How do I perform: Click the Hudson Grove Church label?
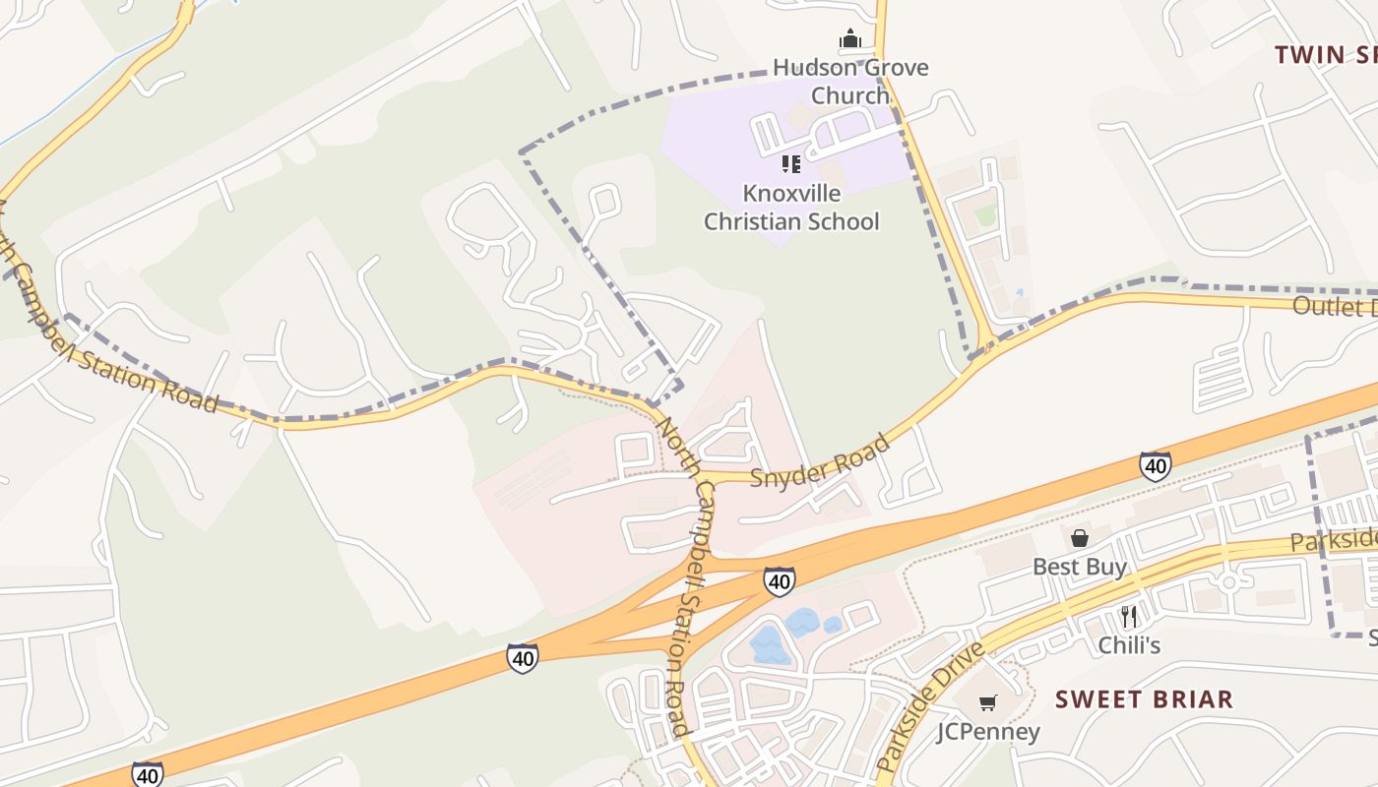click(x=849, y=82)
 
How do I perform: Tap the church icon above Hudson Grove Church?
click(x=850, y=39)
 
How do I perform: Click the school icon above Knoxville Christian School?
click(x=791, y=163)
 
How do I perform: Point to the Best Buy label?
click(x=1080, y=567)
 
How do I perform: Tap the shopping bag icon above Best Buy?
click(x=1080, y=538)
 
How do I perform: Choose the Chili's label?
click(x=1129, y=645)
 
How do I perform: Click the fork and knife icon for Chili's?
click(x=1129, y=617)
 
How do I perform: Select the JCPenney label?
click(x=987, y=732)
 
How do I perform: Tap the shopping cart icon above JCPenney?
click(x=987, y=702)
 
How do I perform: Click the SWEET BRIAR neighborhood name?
click(x=1144, y=699)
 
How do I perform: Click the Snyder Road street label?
click(x=820, y=461)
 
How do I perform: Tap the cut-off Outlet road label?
click(x=1334, y=306)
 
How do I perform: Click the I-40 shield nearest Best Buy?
click(x=1155, y=465)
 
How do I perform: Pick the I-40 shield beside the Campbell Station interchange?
click(x=779, y=581)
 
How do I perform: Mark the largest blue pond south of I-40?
click(x=768, y=644)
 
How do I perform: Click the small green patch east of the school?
click(x=985, y=214)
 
